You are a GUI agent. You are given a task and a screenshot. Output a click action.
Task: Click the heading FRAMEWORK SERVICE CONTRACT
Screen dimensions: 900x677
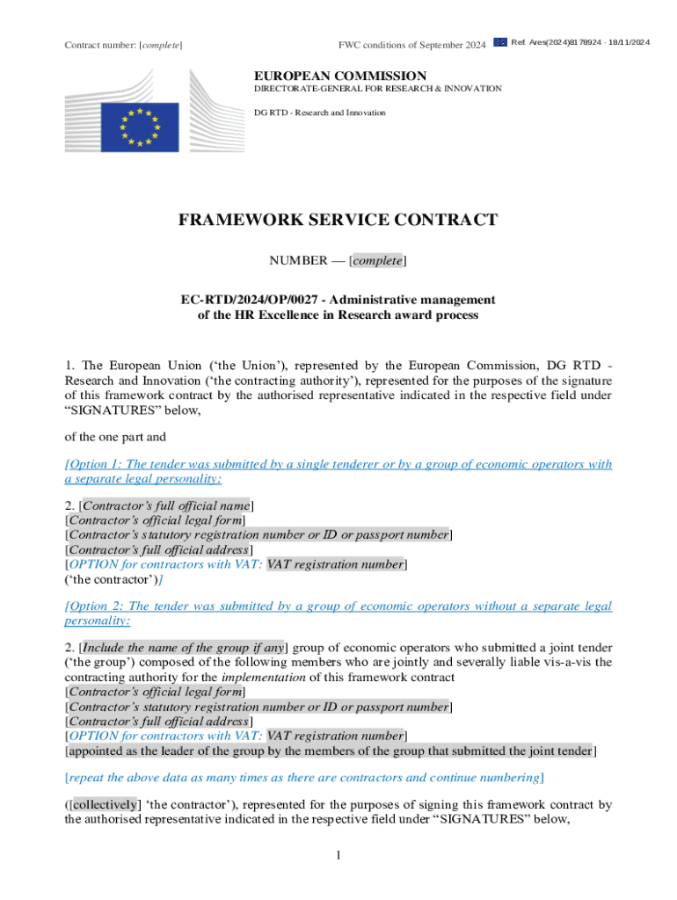click(338, 220)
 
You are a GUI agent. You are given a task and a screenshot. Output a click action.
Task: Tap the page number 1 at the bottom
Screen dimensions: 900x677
click(338, 855)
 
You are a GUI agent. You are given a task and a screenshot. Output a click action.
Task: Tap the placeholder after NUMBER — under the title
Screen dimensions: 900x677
click(377, 261)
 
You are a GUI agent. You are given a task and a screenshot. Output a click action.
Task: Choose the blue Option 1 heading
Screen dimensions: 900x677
click(338, 471)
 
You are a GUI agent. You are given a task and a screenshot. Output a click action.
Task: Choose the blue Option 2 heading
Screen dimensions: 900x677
click(338, 613)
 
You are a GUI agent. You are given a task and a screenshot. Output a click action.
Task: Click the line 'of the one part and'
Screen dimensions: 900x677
click(115, 436)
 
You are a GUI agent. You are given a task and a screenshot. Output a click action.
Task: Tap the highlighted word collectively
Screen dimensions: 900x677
click(105, 803)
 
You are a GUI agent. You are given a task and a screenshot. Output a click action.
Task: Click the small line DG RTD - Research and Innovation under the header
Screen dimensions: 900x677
click(320, 112)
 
